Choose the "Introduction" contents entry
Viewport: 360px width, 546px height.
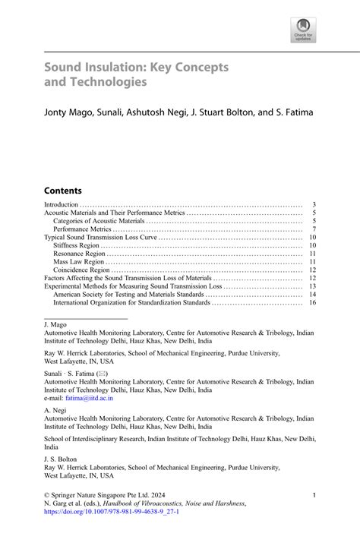pos(62,204)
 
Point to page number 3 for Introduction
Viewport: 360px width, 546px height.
pos(313,204)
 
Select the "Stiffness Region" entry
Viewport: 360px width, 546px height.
pos(77,245)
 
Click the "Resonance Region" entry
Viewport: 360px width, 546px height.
pos(78,254)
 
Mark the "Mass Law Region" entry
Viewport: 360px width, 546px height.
pos(78,262)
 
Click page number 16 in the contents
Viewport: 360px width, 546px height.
pos(311,303)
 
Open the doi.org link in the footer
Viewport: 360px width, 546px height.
pos(112,512)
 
